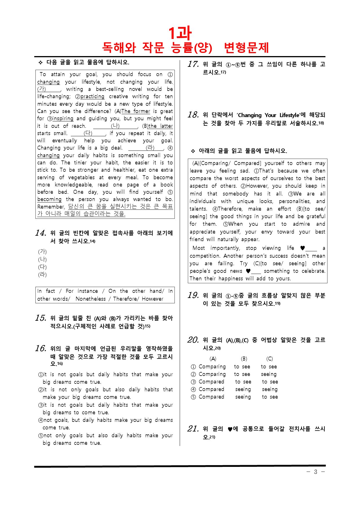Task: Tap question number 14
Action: point(41,233)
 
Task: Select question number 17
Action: point(193,64)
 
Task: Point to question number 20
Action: point(193,340)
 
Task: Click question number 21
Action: point(193,429)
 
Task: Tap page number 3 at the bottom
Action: point(316,472)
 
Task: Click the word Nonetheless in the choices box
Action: point(91,299)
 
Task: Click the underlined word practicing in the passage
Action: point(92,96)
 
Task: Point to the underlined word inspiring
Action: point(63,119)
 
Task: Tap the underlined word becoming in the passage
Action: point(49,199)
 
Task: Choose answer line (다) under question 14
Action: point(42,267)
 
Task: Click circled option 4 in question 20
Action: point(193,389)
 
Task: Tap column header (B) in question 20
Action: point(244,359)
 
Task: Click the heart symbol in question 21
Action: point(230,429)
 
